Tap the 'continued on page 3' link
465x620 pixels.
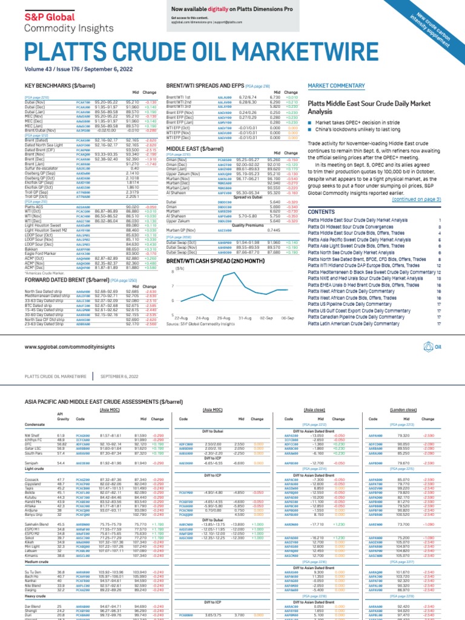tap(417, 199)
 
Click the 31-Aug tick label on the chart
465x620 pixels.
tap(245, 317)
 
